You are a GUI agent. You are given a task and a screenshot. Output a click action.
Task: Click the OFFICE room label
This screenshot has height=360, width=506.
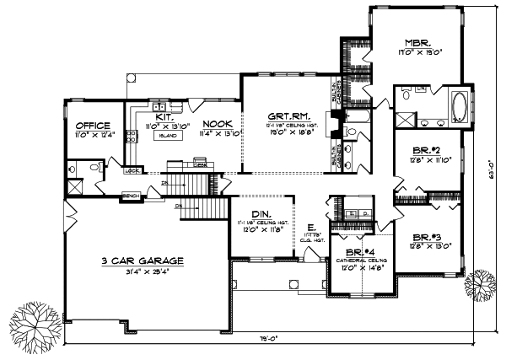point(92,126)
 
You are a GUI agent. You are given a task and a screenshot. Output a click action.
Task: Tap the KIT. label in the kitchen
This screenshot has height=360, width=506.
point(164,117)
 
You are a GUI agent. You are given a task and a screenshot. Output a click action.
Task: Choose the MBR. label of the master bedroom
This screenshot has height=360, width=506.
point(418,40)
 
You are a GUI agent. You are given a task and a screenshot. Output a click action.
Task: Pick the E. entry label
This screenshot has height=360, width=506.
point(312,228)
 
